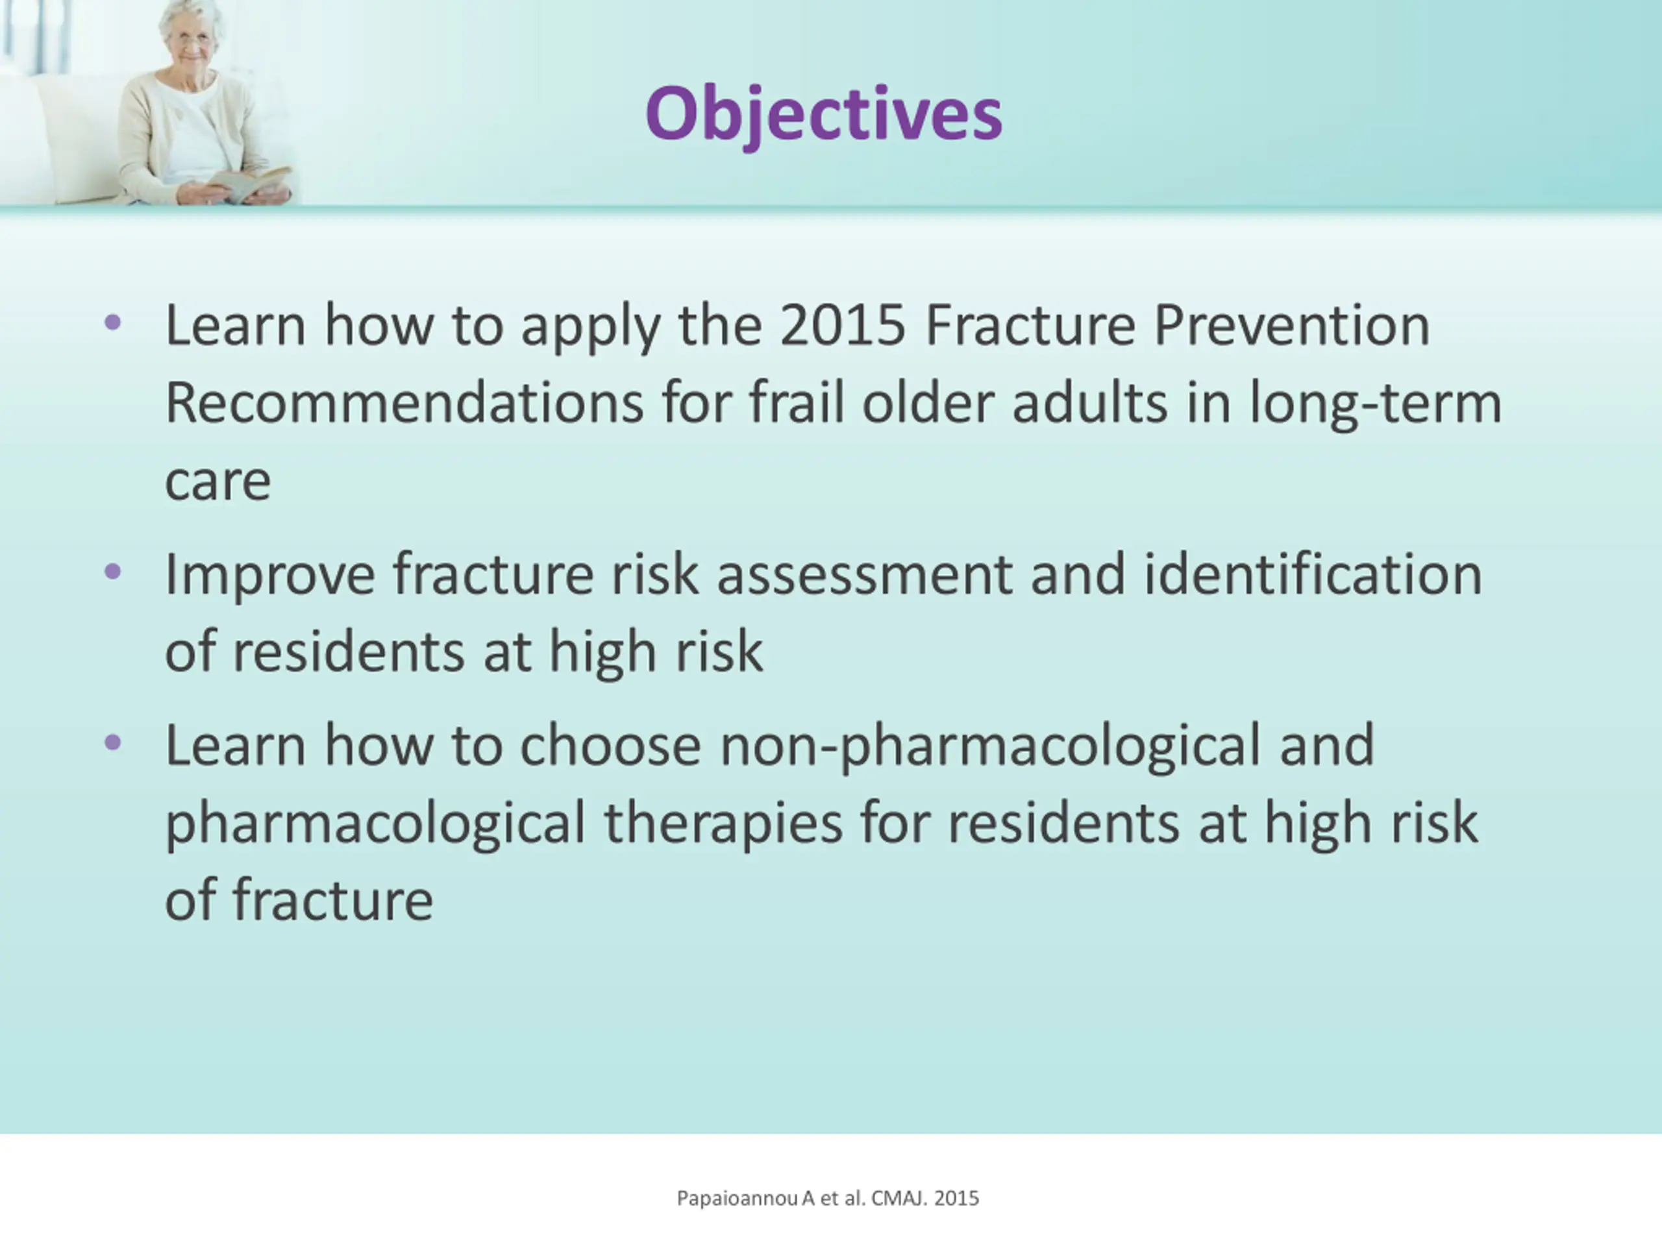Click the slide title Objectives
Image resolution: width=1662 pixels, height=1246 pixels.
click(823, 114)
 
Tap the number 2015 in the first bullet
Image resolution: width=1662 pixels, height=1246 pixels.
click(842, 325)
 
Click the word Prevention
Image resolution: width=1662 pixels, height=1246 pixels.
click(1291, 325)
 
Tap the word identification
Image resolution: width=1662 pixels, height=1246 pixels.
click(1313, 574)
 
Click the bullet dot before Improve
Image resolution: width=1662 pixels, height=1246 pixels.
click(113, 572)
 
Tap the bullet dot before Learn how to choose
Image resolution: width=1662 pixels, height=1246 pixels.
click(113, 743)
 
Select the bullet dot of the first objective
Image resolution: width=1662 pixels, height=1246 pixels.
click(113, 323)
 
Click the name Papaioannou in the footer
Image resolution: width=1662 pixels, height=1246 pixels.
click(737, 1199)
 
